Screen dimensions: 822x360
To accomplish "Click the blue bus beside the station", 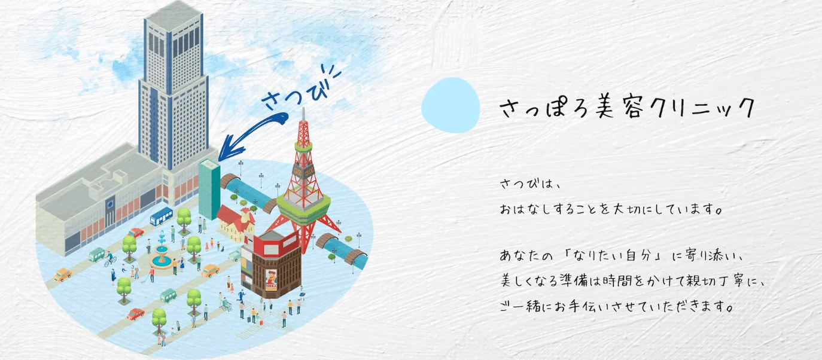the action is (161, 216).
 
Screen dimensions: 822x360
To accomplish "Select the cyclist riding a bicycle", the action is (109, 259).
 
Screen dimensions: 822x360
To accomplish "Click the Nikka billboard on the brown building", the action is (271, 280).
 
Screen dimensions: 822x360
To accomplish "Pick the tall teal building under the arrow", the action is (209, 189).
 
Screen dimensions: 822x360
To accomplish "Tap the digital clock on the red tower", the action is (303, 171).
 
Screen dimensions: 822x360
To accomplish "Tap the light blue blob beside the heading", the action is (450, 105).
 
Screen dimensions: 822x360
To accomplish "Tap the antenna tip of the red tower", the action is (303, 108).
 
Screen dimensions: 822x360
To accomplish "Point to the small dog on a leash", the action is (144, 281).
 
